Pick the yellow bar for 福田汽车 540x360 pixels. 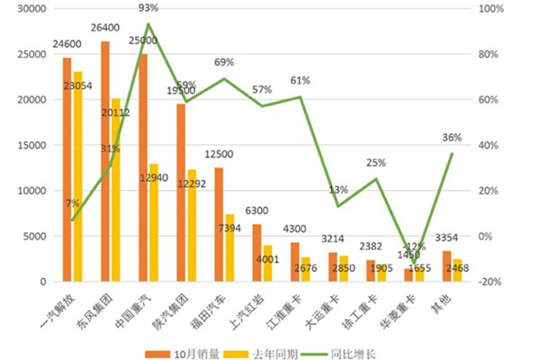coord(229,247)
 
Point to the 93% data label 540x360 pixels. coord(148,8)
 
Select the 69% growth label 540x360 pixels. coord(224,63)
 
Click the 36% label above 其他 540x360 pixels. coord(452,138)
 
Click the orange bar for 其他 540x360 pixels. coord(447,266)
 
